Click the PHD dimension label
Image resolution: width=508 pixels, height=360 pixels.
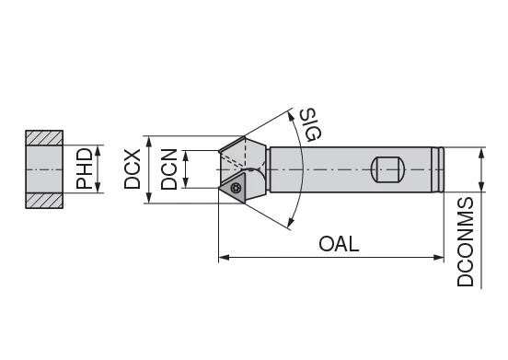pyautogui.click(x=85, y=169)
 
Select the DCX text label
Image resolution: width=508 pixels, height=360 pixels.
pyautogui.click(x=133, y=169)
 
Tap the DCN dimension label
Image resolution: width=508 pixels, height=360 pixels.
pyautogui.click(x=168, y=169)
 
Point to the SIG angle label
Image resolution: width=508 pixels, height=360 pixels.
pyautogui.click(x=309, y=123)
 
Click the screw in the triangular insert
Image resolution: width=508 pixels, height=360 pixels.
pyautogui.click(x=237, y=189)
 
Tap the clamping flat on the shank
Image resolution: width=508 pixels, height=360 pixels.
pyautogui.click(x=387, y=169)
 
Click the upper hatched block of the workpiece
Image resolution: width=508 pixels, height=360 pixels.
pyautogui.click(x=43, y=138)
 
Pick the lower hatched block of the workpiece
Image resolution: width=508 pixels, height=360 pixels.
pyautogui.click(x=43, y=201)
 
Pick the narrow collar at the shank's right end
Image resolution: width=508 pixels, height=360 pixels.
pyautogui.click(x=442, y=169)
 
